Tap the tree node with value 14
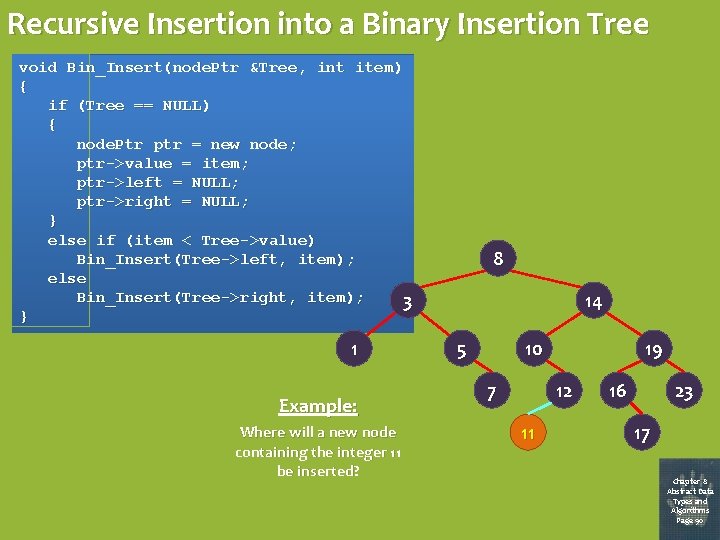[x=592, y=302]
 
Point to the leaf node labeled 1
[x=353, y=349]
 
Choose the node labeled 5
[x=461, y=351]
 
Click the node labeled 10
[x=533, y=349]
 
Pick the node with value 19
[x=653, y=350]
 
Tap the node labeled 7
[x=490, y=391]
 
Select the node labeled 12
[x=564, y=391]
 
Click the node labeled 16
[x=617, y=391]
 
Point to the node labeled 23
[x=684, y=392]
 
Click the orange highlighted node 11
[x=528, y=433]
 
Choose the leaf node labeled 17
[x=642, y=434]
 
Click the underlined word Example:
[x=317, y=406]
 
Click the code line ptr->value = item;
[x=163, y=163]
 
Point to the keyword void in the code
[x=38, y=67]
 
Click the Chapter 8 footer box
[x=689, y=499]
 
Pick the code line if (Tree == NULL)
[x=129, y=105]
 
